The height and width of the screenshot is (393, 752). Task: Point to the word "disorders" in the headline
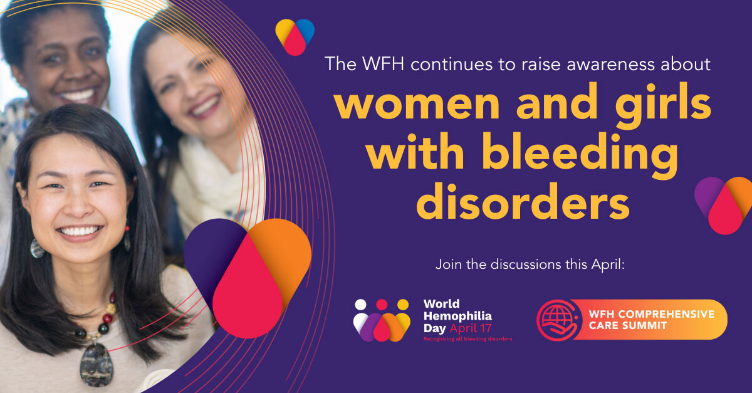(x=523, y=201)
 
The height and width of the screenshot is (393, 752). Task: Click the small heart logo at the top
(x=295, y=36)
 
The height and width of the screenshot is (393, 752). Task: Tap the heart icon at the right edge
(x=725, y=204)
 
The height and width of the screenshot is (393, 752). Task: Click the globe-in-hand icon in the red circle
(x=555, y=319)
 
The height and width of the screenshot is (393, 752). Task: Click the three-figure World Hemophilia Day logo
(x=381, y=320)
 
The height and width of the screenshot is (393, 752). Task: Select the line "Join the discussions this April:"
(x=531, y=265)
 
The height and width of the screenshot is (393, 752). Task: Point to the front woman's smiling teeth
(x=81, y=231)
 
